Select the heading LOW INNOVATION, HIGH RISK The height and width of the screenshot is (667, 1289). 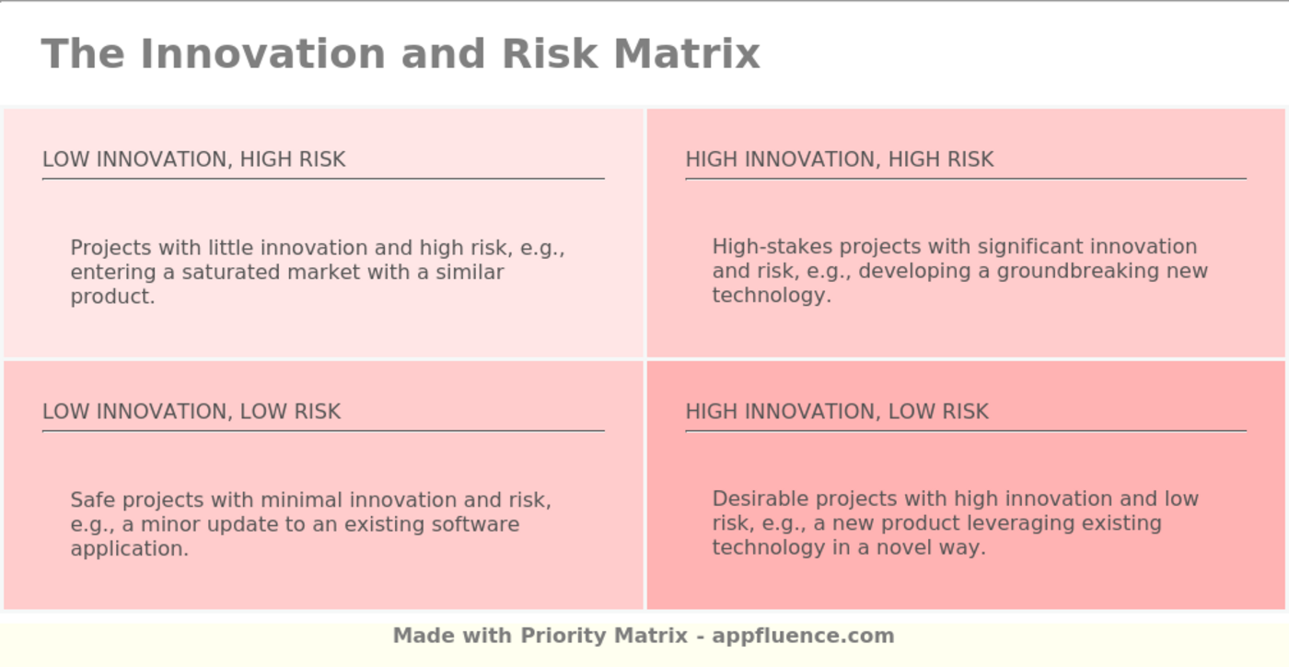click(193, 159)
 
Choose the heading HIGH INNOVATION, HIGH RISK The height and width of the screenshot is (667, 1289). click(839, 159)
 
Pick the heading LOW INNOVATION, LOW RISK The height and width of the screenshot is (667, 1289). click(191, 412)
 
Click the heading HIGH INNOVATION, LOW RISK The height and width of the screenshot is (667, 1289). click(836, 412)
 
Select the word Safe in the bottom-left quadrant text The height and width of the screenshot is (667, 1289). click(93, 500)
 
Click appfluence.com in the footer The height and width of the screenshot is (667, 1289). click(803, 636)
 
